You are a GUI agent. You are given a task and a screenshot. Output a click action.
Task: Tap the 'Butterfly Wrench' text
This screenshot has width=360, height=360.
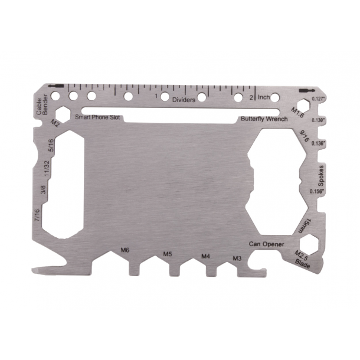coord(264,119)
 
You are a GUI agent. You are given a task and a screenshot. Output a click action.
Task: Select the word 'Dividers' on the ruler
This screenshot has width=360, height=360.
coord(184,100)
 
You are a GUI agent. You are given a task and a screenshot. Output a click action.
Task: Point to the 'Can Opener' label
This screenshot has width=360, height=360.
coord(266,244)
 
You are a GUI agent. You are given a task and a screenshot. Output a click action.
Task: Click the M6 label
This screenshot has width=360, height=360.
coord(125,250)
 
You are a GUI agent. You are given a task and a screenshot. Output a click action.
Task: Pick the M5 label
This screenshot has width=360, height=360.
coord(168,254)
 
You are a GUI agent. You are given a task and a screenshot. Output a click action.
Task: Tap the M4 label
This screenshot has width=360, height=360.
coord(205,256)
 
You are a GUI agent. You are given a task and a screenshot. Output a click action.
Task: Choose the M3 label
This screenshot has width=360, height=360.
coord(237,258)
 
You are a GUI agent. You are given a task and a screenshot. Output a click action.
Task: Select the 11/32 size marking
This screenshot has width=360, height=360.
coord(46,171)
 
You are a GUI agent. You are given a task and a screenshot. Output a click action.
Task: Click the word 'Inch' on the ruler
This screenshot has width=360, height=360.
coord(264,97)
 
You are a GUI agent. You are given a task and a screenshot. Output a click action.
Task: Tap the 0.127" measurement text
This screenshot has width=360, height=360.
coord(318,99)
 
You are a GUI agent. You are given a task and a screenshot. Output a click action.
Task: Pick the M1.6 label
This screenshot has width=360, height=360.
coord(298,112)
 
